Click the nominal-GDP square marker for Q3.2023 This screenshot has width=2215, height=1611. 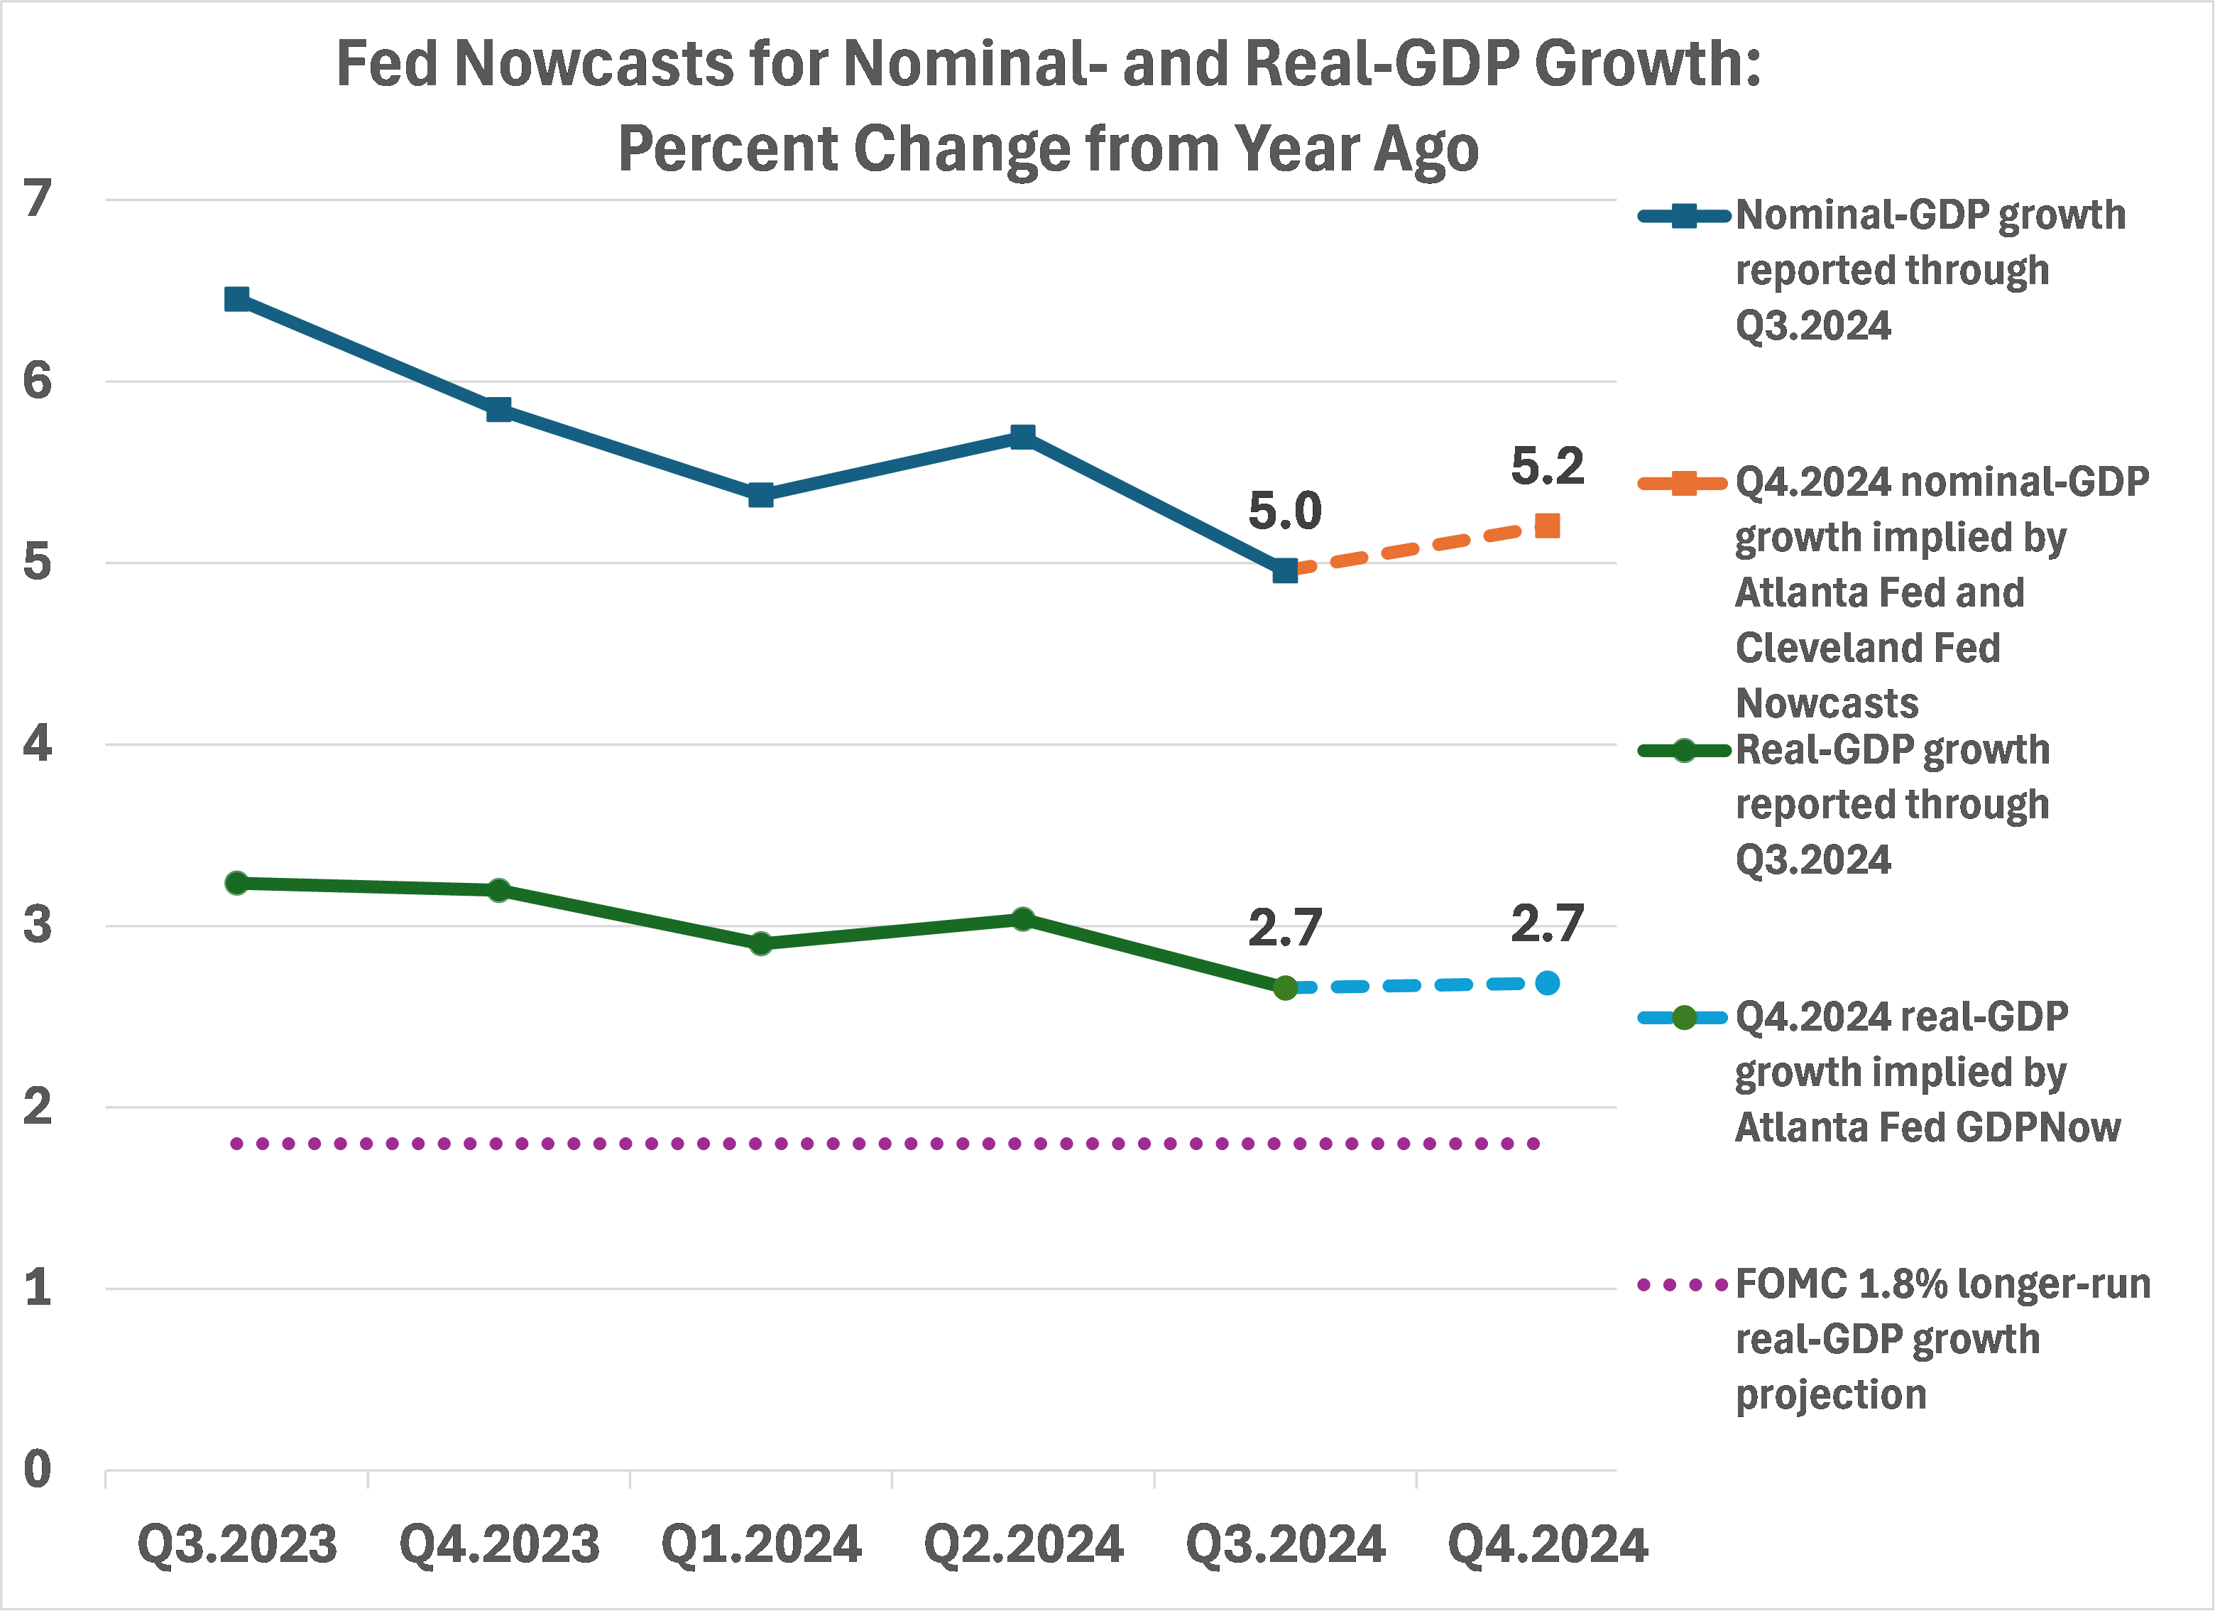tap(236, 299)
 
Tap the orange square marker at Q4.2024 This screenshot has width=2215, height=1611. tap(1547, 526)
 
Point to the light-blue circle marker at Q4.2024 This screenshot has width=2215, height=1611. tap(1547, 983)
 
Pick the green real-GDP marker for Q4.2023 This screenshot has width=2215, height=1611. tap(499, 890)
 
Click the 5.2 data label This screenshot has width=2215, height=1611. tap(1547, 466)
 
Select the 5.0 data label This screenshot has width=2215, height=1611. tap(1284, 511)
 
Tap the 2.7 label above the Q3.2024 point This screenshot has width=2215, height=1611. tap(1284, 928)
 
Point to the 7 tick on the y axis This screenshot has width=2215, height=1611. tap(37, 200)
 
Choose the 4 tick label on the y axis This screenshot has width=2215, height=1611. tap(37, 744)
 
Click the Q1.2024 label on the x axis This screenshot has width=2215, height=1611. tap(761, 1544)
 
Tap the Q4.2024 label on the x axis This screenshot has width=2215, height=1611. tap(1547, 1544)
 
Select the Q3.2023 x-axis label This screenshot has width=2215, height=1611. tap(236, 1544)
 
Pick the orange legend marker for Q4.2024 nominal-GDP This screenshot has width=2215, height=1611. tap(1684, 482)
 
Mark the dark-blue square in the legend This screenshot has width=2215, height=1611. tap(1684, 216)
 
